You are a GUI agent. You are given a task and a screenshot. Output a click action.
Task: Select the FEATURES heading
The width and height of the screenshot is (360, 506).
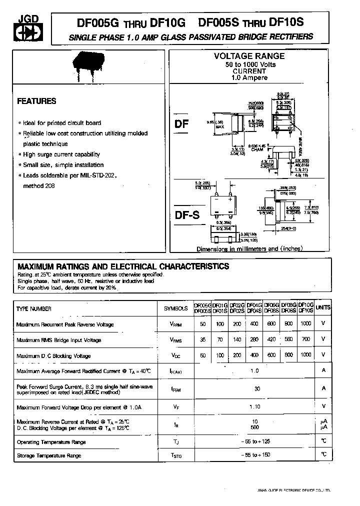tap(36, 101)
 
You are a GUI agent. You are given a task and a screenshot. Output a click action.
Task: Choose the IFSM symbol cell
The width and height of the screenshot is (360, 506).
tap(175, 388)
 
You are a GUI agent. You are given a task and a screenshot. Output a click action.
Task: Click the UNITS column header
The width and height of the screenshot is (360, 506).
tap(323, 308)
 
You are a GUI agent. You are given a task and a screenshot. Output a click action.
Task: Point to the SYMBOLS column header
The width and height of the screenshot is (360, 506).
tap(175, 309)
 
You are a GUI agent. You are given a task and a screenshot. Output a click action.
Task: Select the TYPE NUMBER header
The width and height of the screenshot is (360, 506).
tap(34, 309)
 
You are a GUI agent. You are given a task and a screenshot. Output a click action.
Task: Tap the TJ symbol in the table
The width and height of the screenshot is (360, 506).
tap(175, 442)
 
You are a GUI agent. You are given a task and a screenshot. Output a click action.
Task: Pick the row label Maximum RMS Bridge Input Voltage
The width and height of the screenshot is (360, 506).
tap(58, 340)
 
